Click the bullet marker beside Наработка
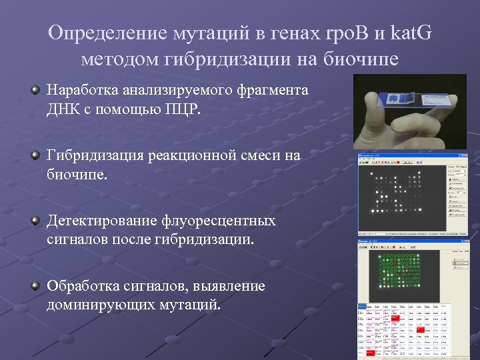(35, 90)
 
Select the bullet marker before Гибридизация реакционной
(35, 155)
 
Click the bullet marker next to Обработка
(35, 286)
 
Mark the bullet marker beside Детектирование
(35, 221)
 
